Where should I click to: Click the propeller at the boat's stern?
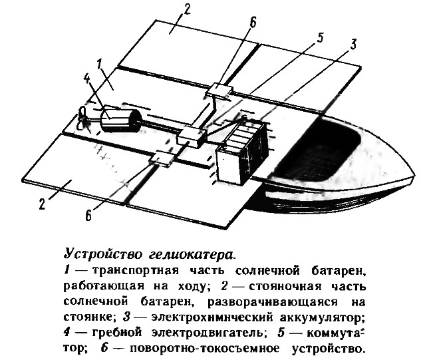(x=83, y=119)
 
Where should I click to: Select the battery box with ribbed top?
(x=242, y=151)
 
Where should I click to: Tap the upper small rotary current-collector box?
(x=220, y=89)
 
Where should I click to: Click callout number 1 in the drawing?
(x=100, y=65)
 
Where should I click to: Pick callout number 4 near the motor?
(x=86, y=80)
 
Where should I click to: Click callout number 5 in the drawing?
(x=320, y=38)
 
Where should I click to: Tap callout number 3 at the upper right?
(x=353, y=45)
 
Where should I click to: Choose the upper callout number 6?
(x=253, y=23)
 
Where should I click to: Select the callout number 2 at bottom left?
(x=42, y=204)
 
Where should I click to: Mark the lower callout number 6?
(x=88, y=216)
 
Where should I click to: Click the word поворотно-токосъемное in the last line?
(x=204, y=349)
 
